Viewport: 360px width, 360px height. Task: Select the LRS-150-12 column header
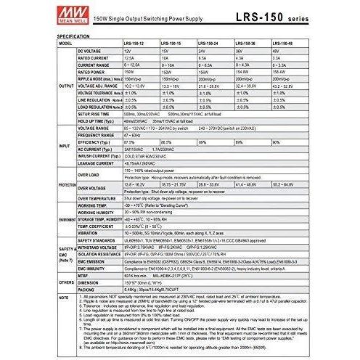(137, 44)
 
